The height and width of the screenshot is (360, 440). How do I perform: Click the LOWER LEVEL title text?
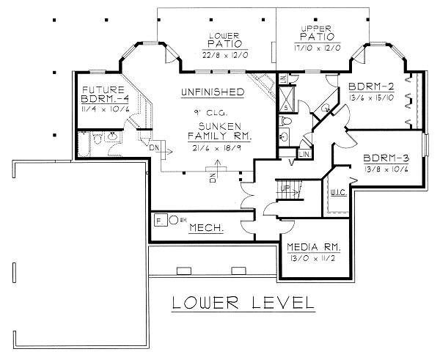[243, 302]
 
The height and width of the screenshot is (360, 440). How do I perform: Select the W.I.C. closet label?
[339, 194]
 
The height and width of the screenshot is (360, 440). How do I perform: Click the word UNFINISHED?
[213, 92]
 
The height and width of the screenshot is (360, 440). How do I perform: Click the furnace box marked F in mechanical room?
[158, 218]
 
